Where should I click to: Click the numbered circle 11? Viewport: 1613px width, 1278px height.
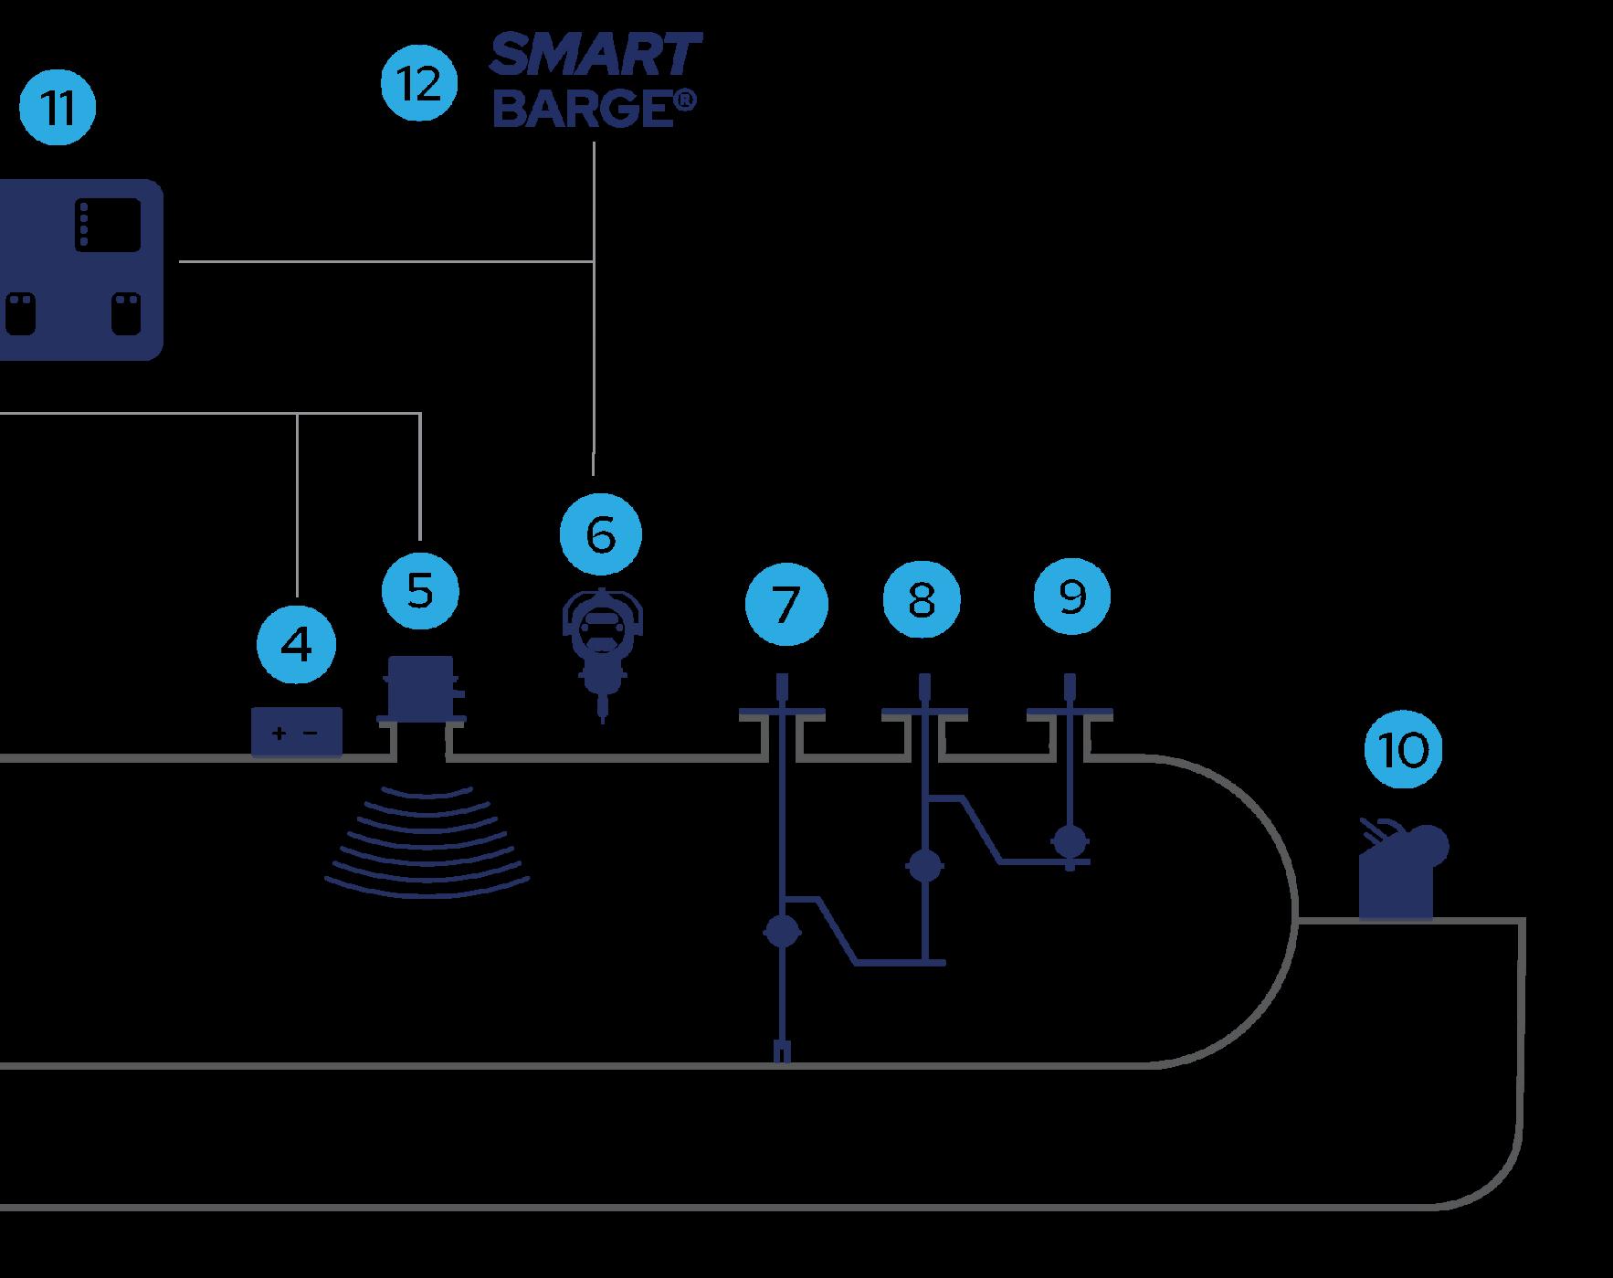pyautogui.click(x=58, y=108)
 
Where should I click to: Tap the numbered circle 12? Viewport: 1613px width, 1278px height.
pyautogui.click(x=419, y=84)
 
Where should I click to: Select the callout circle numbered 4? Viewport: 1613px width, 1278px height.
pyautogui.click(x=296, y=645)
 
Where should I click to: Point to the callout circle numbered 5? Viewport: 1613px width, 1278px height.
pyautogui.click(x=419, y=590)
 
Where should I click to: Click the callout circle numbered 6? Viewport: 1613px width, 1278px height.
pyautogui.click(x=601, y=534)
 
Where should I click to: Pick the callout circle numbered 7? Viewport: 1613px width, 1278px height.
pyautogui.click(x=786, y=604)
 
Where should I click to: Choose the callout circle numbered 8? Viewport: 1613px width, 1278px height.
pyautogui.click(x=922, y=600)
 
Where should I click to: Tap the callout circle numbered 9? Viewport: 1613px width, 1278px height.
pyautogui.click(x=1072, y=597)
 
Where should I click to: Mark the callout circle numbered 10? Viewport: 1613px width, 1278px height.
pyautogui.click(x=1403, y=750)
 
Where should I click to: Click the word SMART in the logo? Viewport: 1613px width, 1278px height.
pyautogui.click(x=596, y=56)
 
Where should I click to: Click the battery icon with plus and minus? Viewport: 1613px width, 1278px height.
pyautogui.click(x=296, y=733)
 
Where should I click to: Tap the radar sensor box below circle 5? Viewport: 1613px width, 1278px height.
pyautogui.click(x=421, y=687)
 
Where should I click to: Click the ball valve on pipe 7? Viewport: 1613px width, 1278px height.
pyautogui.click(x=782, y=931)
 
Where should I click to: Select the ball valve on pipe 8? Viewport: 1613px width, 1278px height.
pyautogui.click(x=924, y=865)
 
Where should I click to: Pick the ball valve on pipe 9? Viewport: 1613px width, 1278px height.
pyautogui.click(x=1069, y=840)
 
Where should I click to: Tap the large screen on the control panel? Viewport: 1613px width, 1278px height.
pyautogui.click(x=109, y=224)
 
